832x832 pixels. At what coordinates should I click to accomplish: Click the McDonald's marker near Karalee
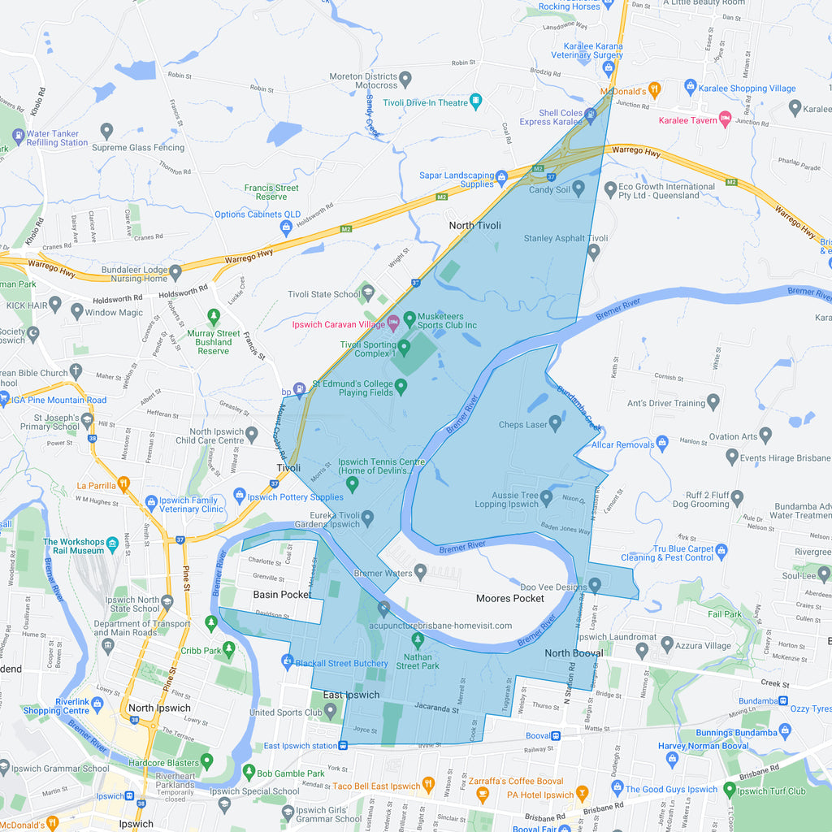click(655, 90)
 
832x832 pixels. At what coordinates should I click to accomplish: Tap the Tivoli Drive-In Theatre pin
click(476, 102)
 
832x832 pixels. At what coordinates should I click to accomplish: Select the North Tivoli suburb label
click(474, 225)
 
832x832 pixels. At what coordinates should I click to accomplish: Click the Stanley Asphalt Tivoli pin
click(593, 251)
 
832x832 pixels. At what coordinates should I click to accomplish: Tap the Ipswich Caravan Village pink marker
click(393, 323)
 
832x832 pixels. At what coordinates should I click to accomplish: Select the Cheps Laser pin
click(556, 422)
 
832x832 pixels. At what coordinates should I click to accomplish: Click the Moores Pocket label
click(509, 598)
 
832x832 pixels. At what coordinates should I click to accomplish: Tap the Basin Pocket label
click(282, 595)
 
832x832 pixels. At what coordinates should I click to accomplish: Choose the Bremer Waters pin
click(420, 573)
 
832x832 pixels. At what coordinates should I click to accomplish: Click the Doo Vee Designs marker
click(595, 584)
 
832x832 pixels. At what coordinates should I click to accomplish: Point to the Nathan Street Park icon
click(418, 641)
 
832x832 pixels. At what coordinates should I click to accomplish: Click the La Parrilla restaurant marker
click(123, 484)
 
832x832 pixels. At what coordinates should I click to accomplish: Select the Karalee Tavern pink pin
click(726, 119)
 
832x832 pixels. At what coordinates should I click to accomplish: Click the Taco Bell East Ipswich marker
click(428, 785)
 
